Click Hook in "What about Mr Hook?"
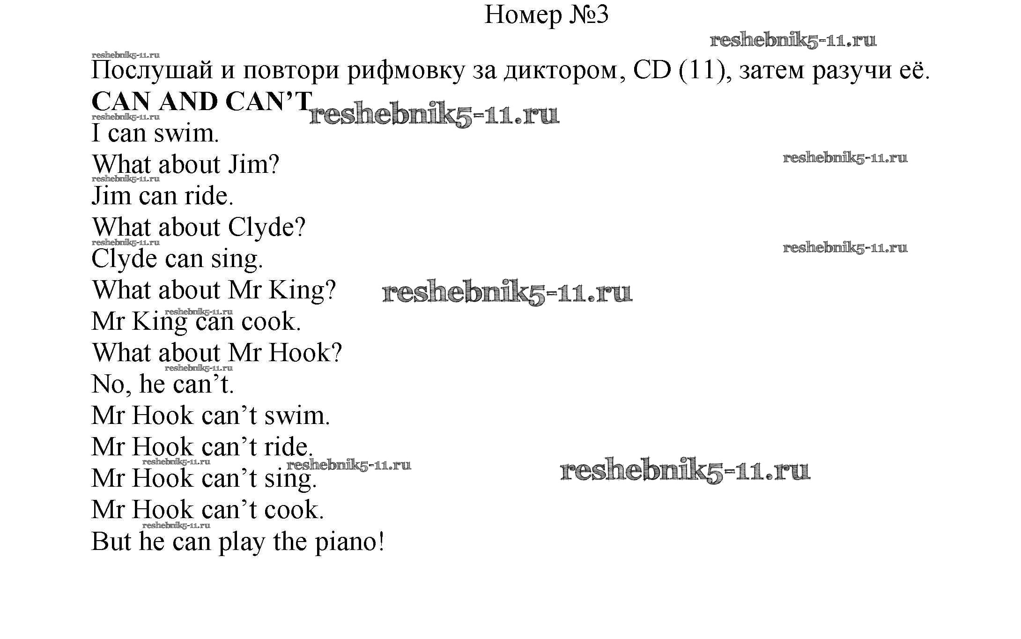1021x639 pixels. pyautogui.click(x=300, y=353)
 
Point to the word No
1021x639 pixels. pyautogui.click(x=108, y=384)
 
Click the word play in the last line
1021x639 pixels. pyautogui.click(x=242, y=542)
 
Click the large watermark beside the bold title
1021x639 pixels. pyautogui.click(x=434, y=115)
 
